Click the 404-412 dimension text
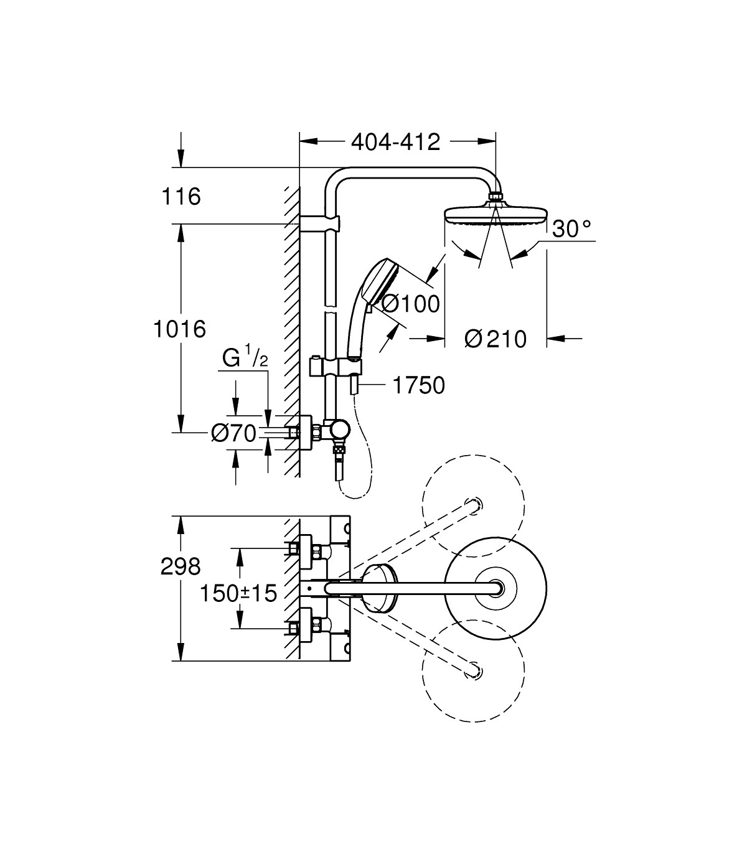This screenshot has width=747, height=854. tap(395, 143)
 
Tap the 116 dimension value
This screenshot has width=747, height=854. tap(181, 197)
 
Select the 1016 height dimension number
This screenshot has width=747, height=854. tap(180, 329)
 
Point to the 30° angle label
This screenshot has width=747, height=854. tap(571, 228)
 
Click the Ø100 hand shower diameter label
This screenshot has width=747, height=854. tap(410, 304)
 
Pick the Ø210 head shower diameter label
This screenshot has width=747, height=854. tap(496, 339)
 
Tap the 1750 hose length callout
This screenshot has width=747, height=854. tap(418, 386)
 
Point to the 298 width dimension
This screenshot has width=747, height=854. tap(181, 567)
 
